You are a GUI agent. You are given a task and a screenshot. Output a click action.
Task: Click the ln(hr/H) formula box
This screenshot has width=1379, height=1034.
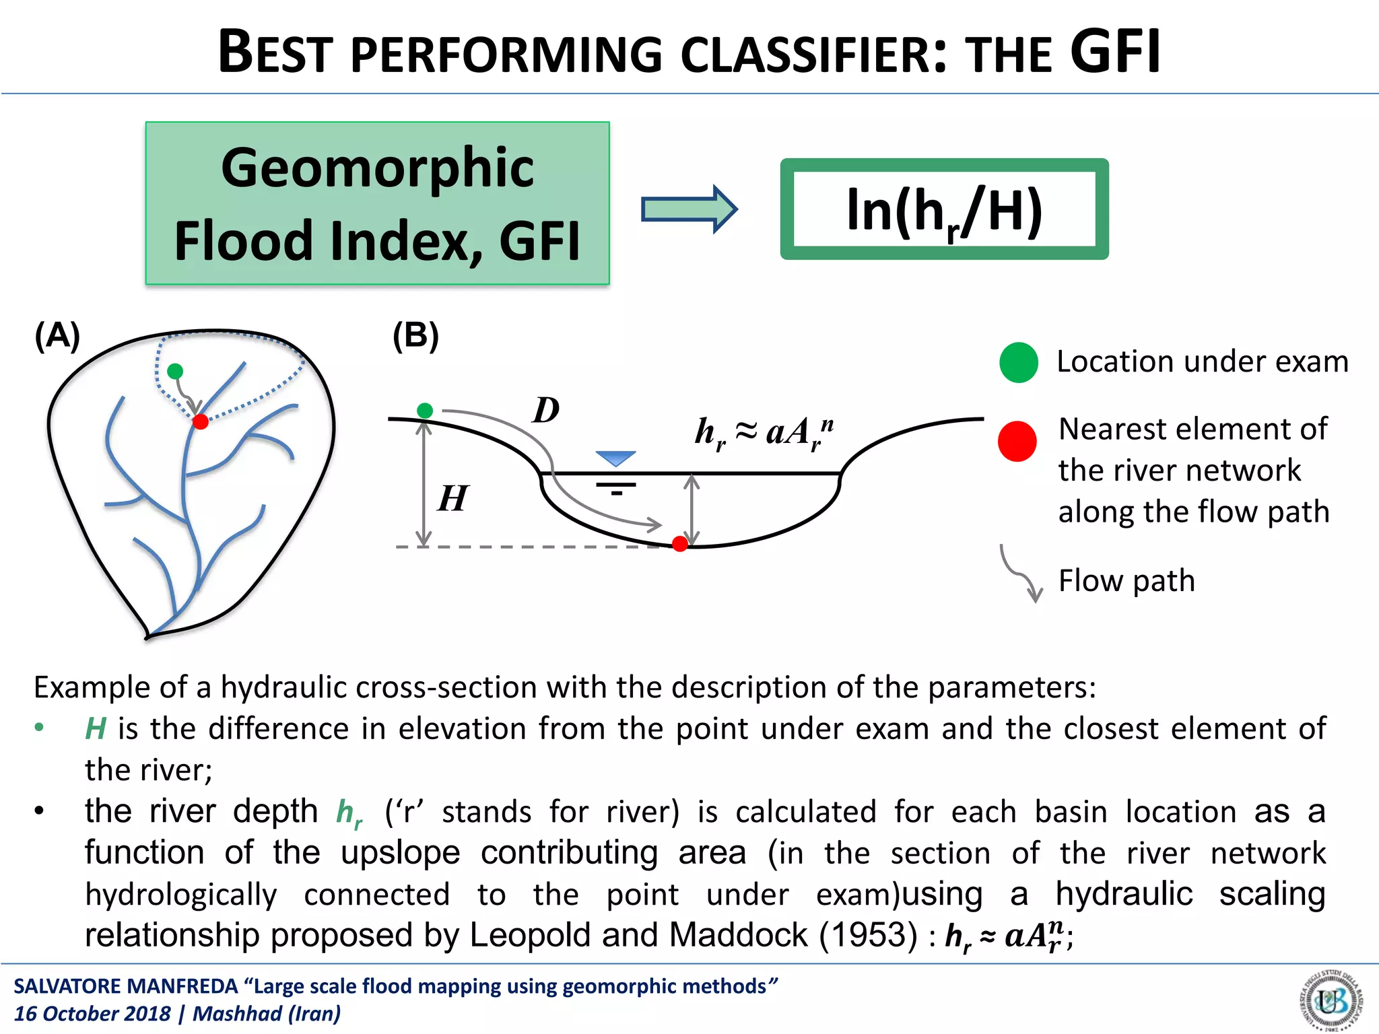pos(943,209)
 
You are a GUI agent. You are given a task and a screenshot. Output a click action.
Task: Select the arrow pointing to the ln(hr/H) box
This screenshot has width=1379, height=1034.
pos(689,209)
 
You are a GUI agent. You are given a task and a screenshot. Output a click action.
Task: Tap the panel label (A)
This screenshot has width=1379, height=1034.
pos(58,335)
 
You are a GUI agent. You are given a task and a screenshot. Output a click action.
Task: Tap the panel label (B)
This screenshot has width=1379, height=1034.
pos(415,335)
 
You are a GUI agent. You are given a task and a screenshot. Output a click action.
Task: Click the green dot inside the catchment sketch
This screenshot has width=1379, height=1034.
pos(175,371)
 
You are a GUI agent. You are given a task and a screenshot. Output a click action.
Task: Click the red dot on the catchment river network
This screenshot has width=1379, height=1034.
pos(200,422)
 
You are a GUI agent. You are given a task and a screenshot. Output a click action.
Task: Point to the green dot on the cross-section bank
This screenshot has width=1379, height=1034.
pos(425,411)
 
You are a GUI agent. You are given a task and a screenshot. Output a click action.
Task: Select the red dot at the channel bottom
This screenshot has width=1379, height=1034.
pos(680,544)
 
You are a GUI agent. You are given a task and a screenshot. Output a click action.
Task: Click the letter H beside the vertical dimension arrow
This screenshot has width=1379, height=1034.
pos(452,499)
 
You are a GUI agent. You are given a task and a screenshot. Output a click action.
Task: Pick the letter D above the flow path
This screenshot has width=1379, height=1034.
pos(545,410)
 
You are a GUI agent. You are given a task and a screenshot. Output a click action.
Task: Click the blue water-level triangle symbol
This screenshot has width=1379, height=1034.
pos(615,458)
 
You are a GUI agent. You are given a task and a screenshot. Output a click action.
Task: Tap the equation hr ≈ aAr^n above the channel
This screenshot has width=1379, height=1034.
pos(764,433)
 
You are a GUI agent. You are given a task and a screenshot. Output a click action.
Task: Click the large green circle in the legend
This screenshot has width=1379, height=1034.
pos(1019,362)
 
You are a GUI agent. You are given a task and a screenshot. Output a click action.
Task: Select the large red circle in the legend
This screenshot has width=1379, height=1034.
pos(1017,442)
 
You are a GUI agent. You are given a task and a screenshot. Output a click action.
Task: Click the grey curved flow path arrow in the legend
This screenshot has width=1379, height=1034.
pos(1021,573)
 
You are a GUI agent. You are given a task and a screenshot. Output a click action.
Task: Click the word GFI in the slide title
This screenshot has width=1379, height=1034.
pos(1115,53)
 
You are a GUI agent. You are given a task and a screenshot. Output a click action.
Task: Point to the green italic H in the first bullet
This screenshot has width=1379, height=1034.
pos(96,728)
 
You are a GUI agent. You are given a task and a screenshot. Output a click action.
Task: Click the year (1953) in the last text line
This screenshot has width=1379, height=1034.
pos(868,934)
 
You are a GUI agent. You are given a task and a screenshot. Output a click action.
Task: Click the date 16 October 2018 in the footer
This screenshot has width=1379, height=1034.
pos(92,1013)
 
